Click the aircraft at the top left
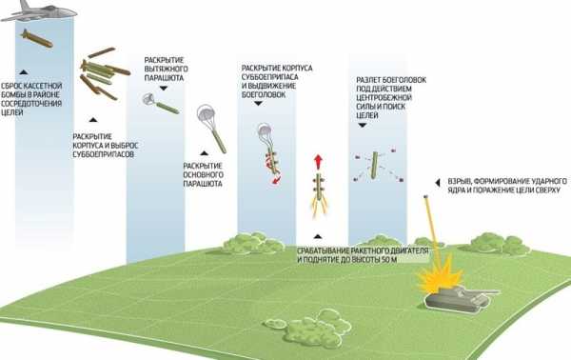point(38,11)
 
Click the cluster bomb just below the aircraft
point(37,38)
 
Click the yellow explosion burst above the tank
point(440,272)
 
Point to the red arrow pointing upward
point(319,161)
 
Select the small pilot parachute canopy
point(148,98)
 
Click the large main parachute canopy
point(207,112)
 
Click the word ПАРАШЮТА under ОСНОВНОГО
point(203,184)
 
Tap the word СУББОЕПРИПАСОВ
point(104,154)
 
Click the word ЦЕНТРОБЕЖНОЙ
point(384,98)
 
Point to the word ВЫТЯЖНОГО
point(166,69)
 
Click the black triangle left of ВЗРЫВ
point(438,183)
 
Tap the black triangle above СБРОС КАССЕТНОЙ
point(23,72)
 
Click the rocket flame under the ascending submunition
point(319,209)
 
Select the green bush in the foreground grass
point(307,329)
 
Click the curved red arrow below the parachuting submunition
point(277,180)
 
